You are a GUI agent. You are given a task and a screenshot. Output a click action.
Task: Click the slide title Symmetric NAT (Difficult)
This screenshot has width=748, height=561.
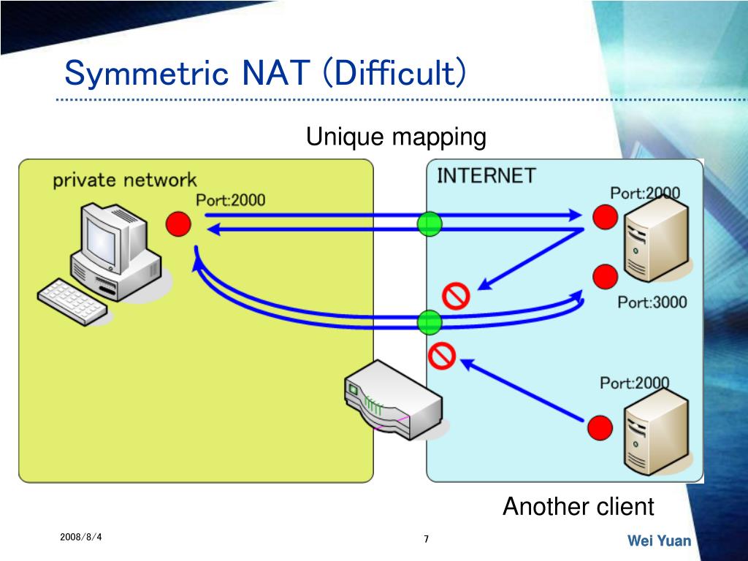coord(265,74)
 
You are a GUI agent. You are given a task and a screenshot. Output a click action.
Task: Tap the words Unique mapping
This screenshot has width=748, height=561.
coord(395,137)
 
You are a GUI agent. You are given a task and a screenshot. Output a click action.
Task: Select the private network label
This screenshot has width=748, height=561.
coord(124,180)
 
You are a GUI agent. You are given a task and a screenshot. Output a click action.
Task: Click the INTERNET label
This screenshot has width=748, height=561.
coord(486,176)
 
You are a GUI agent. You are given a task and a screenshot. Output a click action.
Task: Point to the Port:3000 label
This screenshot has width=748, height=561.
coord(652,302)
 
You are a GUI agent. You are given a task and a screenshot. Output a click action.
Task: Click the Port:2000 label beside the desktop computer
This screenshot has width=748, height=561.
coord(230,200)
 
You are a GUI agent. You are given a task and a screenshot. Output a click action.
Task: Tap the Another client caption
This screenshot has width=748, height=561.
coord(578,506)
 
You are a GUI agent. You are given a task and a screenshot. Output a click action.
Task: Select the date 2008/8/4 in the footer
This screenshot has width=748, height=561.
coord(81,538)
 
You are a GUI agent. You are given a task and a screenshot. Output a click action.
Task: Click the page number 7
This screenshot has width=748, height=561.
coord(426,539)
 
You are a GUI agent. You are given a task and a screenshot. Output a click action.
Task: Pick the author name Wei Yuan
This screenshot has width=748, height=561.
coord(659,541)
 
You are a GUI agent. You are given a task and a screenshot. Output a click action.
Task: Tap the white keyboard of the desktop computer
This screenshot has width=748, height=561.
coord(73,299)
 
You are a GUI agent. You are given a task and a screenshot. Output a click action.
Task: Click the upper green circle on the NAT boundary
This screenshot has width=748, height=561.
coord(430,223)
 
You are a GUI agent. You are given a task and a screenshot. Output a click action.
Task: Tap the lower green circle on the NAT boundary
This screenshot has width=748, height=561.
coord(430,321)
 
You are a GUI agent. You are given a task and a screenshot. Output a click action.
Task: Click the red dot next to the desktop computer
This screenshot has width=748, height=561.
coord(178,224)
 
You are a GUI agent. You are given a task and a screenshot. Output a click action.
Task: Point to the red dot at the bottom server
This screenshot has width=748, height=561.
coord(600,427)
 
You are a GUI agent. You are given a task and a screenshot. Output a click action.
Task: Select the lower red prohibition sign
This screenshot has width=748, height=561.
coord(441,355)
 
